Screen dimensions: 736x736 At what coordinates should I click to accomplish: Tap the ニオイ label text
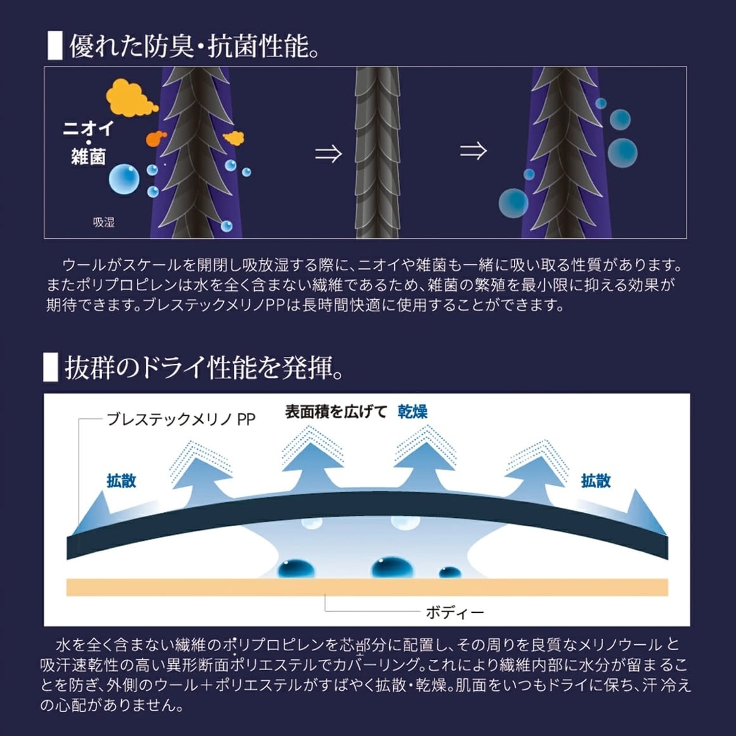pyautogui.click(x=88, y=128)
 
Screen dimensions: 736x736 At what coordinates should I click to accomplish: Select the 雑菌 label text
pyautogui.click(x=88, y=157)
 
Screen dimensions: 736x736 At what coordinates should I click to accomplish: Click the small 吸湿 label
pyautogui.click(x=104, y=222)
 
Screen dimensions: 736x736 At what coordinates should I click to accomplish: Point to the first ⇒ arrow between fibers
pyautogui.click(x=328, y=153)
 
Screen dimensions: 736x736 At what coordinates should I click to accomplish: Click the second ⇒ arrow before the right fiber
pyautogui.click(x=473, y=151)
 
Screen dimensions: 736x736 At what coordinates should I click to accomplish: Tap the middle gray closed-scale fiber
pyautogui.click(x=377, y=153)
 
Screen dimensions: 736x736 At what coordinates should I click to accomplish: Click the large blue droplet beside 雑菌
pyautogui.click(x=124, y=179)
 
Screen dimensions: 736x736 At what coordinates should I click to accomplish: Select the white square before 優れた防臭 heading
pyautogui.click(x=55, y=46)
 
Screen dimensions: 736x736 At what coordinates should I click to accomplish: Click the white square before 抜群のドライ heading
pyautogui.click(x=51, y=367)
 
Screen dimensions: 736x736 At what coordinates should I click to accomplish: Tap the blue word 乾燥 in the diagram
pyautogui.click(x=413, y=411)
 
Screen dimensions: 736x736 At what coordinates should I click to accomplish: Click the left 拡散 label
pyautogui.click(x=122, y=481)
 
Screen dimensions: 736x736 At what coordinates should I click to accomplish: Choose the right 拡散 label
pyautogui.click(x=596, y=481)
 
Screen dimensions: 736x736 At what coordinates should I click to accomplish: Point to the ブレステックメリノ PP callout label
pyautogui.click(x=181, y=418)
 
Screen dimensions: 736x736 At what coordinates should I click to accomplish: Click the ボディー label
pyautogui.click(x=455, y=612)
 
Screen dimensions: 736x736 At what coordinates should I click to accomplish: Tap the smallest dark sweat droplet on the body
pyautogui.click(x=449, y=572)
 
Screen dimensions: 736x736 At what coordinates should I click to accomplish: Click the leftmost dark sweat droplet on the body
pyautogui.click(x=296, y=569)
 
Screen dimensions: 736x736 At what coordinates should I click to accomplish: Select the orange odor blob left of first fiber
pyautogui.click(x=156, y=138)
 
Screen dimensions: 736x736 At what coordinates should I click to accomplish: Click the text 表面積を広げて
pyautogui.click(x=336, y=411)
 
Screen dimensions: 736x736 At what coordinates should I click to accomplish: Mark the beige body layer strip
pyautogui.click(x=367, y=587)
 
